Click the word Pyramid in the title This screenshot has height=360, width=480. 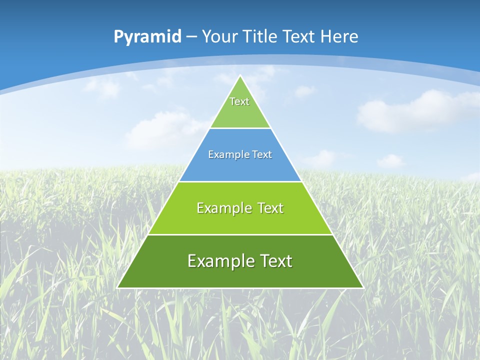[x=147, y=37]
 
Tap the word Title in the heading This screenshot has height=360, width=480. [x=260, y=36]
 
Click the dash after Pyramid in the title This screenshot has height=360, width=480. [x=191, y=37]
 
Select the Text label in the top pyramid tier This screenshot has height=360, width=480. [x=239, y=101]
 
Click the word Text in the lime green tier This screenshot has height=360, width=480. [x=270, y=208]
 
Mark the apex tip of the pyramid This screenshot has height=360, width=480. [x=240, y=76]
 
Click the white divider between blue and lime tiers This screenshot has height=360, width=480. [x=240, y=181]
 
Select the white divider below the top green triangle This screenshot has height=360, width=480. [x=240, y=128]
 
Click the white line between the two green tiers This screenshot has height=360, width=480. [x=240, y=234]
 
